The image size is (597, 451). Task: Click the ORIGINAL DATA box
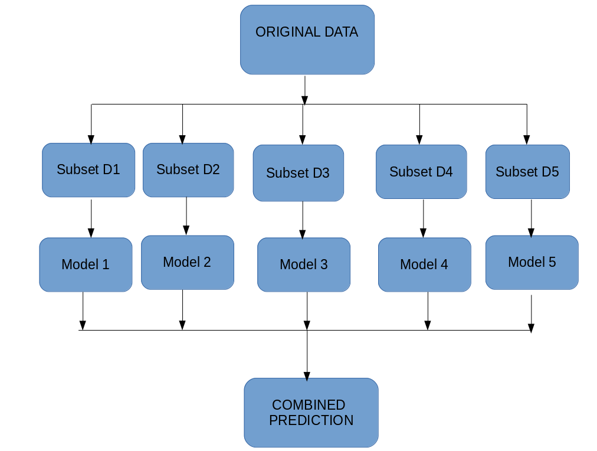[307, 40]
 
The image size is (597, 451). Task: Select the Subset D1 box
[88, 170]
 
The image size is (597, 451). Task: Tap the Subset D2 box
[188, 170]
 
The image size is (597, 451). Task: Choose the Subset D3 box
[298, 173]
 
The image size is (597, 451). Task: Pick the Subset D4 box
[421, 172]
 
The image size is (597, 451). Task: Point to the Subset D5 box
[527, 172]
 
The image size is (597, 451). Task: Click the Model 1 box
[86, 264]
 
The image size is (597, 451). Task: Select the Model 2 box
[187, 262]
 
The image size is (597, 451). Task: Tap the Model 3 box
[304, 264]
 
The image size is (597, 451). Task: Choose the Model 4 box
[424, 264]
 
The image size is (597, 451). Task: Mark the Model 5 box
[532, 262]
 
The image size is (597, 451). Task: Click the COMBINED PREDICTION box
[311, 413]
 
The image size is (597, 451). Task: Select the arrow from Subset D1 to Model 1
[91, 218]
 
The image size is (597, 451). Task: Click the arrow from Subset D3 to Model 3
[303, 220]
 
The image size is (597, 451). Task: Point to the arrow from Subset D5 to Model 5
[531, 218]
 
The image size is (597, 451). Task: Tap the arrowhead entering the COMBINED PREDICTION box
[307, 375]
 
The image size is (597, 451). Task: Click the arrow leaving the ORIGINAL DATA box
[304, 89]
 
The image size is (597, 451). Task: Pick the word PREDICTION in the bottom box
[311, 420]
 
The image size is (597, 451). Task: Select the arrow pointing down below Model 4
[428, 311]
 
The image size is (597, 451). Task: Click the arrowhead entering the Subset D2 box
[182, 140]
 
